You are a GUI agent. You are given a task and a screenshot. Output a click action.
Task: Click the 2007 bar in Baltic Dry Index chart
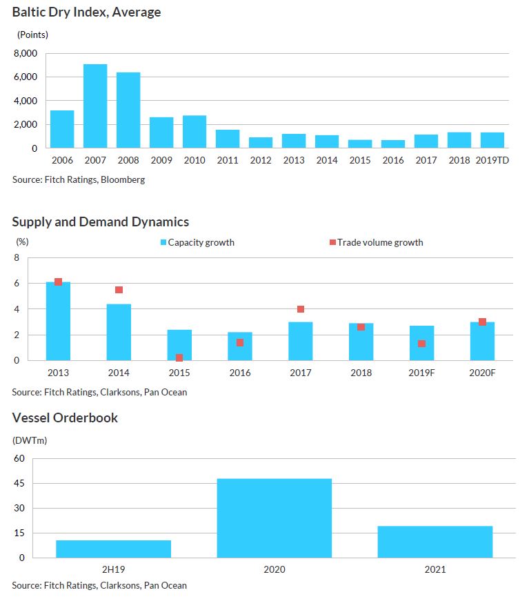click(95, 106)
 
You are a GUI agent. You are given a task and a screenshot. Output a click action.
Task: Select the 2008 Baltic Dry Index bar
click(128, 110)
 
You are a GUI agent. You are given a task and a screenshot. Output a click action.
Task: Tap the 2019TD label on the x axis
click(492, 160)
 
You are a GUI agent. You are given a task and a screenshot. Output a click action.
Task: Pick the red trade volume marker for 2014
click(119, 290)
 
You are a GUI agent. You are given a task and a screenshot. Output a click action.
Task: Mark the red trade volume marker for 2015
click(179, 357)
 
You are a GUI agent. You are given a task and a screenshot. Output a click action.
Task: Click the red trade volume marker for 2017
click(301, 309)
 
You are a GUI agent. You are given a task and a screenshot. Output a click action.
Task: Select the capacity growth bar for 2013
click(58, 321)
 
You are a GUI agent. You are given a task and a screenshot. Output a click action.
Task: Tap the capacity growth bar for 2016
click(240, 346)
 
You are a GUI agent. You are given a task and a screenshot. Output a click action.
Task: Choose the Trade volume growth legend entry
click(379, 242)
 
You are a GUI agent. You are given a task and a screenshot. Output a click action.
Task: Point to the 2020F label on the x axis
click(482, 373)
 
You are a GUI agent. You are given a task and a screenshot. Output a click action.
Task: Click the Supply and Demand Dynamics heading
click(100, 222)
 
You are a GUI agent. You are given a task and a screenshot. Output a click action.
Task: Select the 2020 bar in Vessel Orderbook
click(274, 518)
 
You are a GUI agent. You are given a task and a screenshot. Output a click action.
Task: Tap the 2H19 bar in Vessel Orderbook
click(113, 549)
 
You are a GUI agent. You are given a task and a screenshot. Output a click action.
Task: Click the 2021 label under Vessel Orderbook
click(435, 570)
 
